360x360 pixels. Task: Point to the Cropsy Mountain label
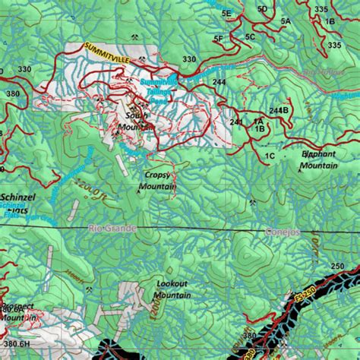pyautogui.click(x=159, y=180)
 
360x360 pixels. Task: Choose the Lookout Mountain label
pyautogui.click(x=172, y=289)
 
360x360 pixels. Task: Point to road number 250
pyautogui.click(x=337, y=266)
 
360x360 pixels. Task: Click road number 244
pyautogui.click(x=219, y=82)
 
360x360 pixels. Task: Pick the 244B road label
pyautogui.click(x=279, y=110)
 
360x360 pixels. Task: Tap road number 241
pyautogui.click(x=236, y=122)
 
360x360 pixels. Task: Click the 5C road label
pyautogui.click(x=250, y=36)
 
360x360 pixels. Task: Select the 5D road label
pyautogui.click(x=262, y=9)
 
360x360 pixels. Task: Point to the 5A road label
pyautogui.click(x=286, y=22)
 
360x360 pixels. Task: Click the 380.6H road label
pyautogui.click(x=15, y=344)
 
